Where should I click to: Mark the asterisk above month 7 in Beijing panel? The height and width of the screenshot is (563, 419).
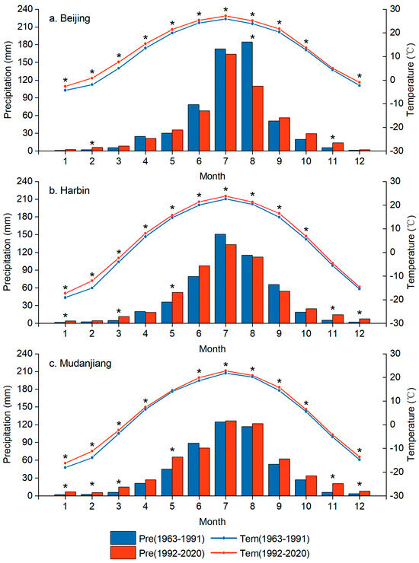pyautogui.click(x=225, y=10)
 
